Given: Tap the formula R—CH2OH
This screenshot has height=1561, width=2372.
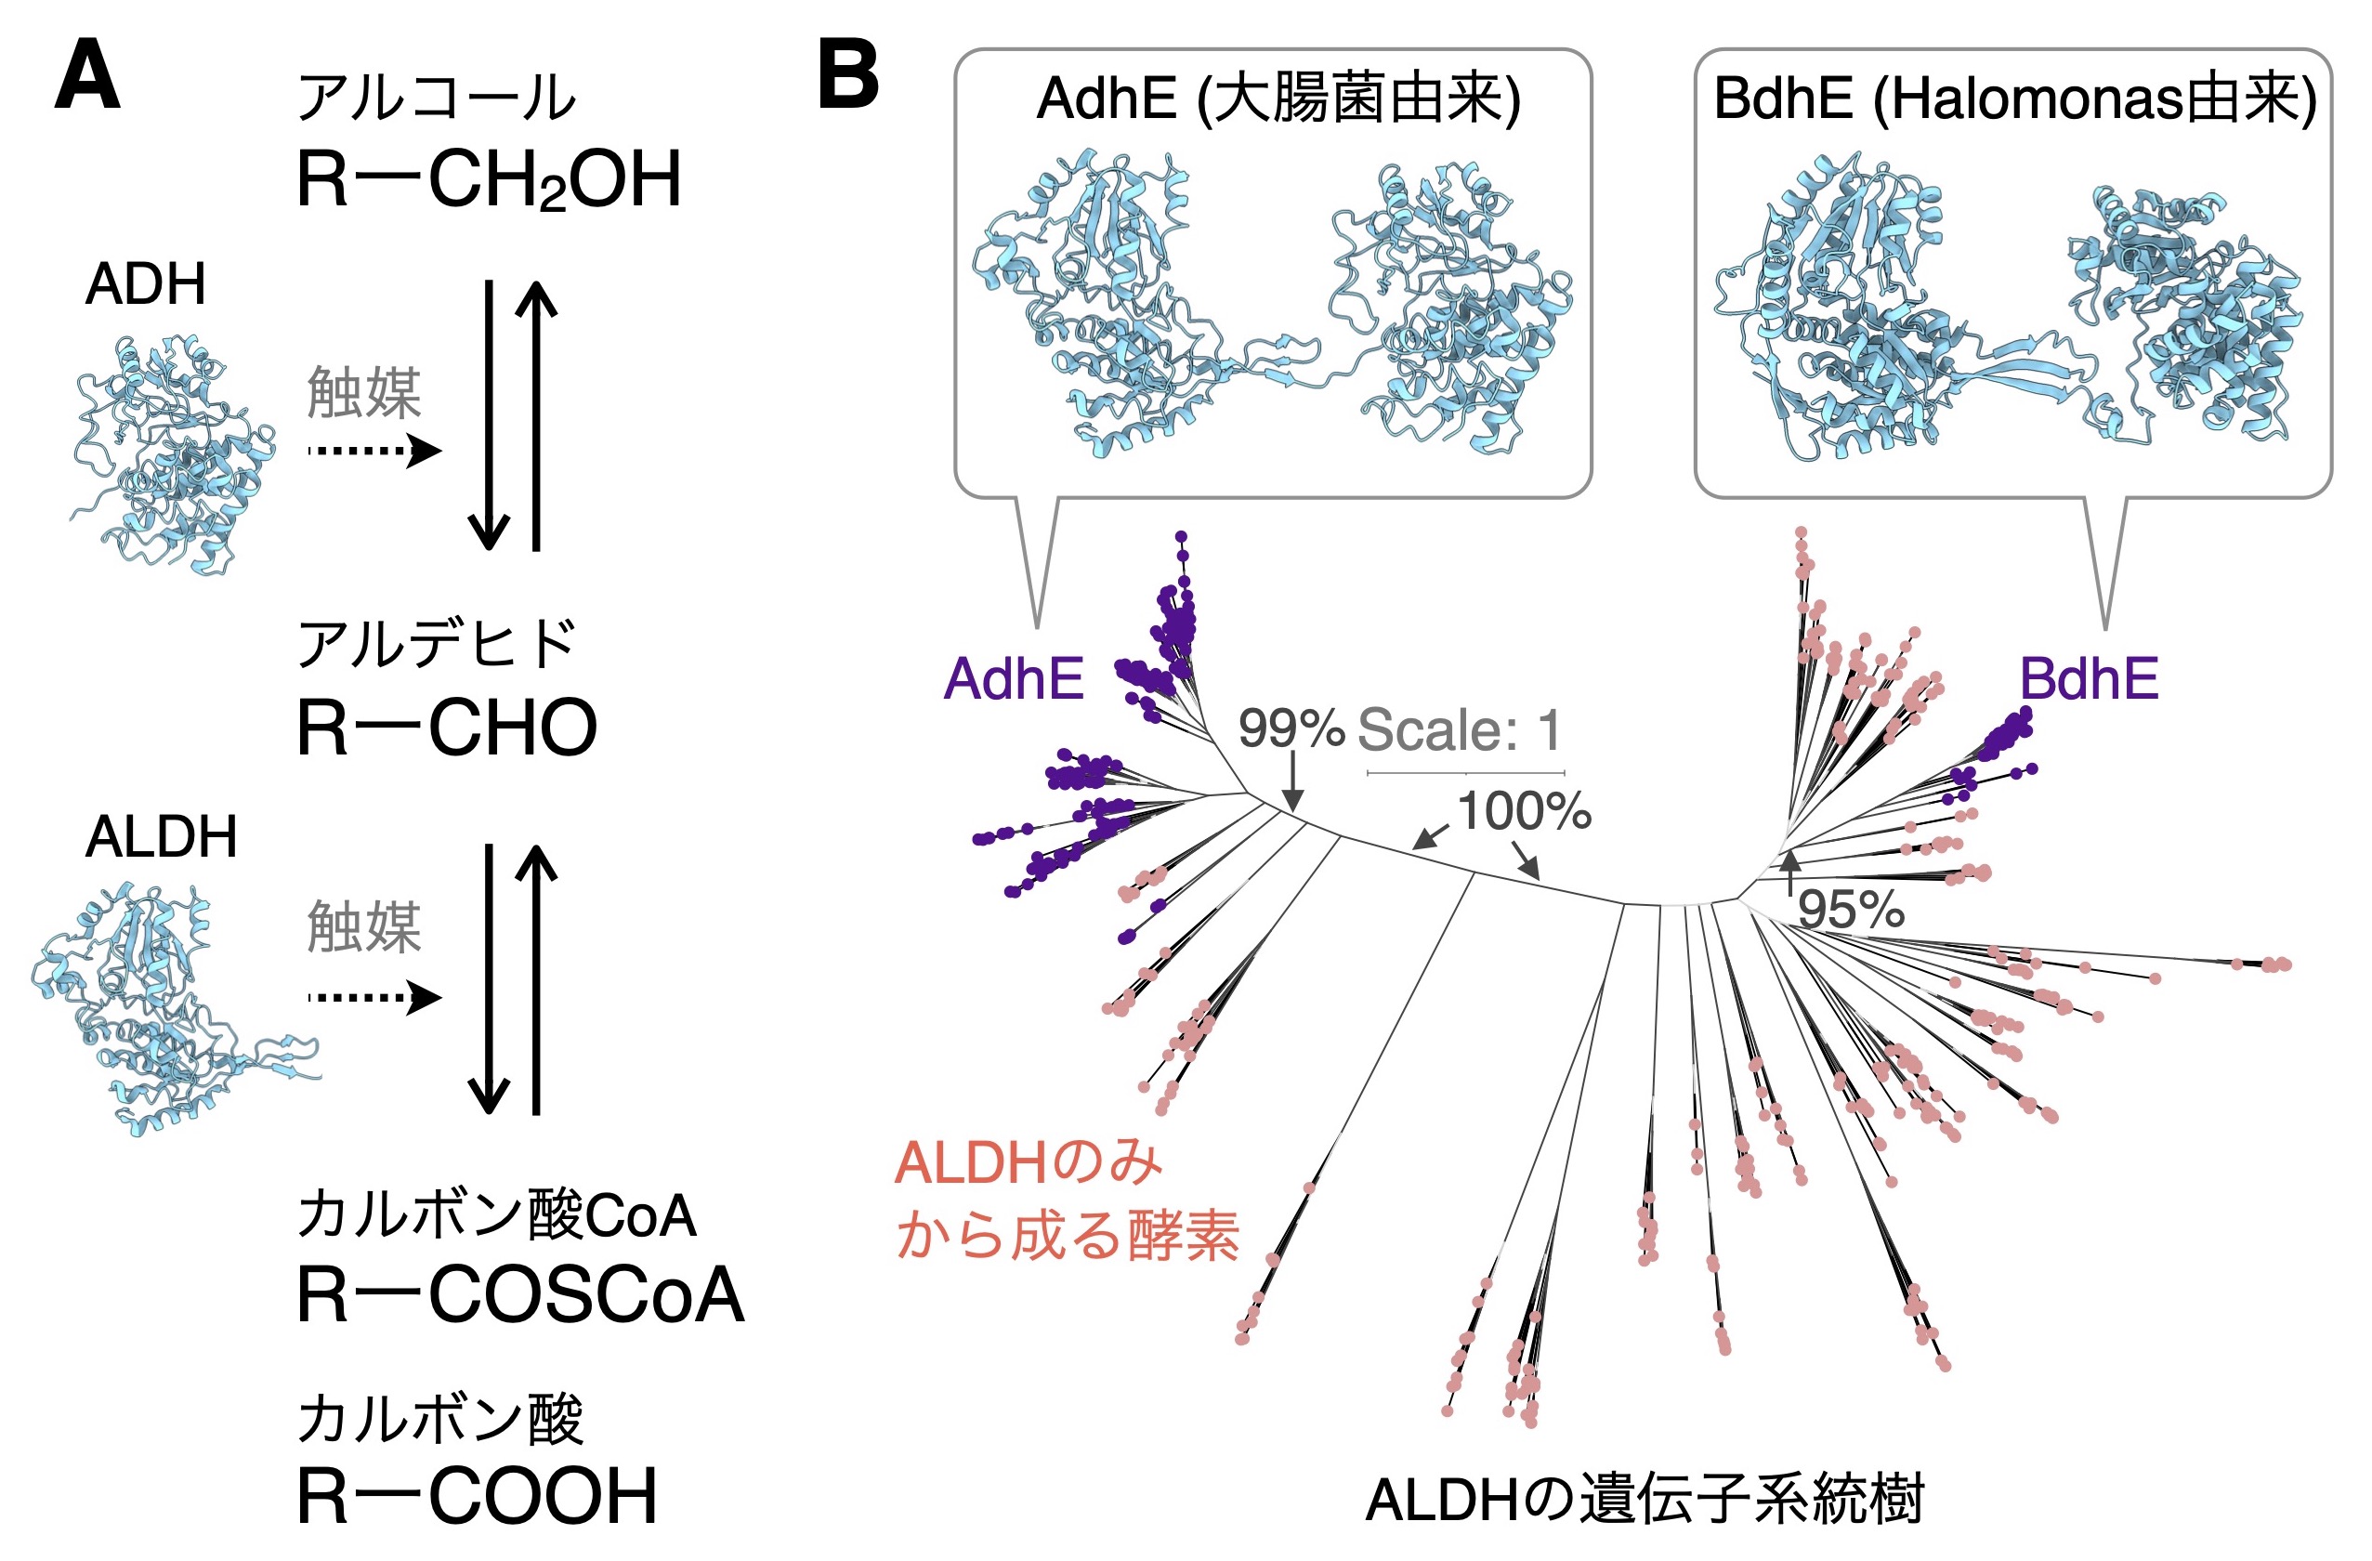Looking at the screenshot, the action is point(490,180).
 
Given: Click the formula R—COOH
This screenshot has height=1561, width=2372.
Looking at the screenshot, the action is point(478,1495).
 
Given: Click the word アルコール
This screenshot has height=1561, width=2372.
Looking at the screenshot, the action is point(437,98).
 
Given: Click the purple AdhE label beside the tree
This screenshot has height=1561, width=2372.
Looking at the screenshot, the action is point(1014,679).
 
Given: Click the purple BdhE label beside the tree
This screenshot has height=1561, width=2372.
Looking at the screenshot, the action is point(2089,679).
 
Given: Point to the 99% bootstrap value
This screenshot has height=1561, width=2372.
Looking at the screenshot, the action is point(1291,728).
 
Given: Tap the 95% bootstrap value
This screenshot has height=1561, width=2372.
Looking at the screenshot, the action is point(1851,909).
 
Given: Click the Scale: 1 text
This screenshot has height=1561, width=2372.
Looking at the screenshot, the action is point(1459,729).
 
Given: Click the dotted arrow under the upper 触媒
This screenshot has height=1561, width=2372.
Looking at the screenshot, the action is point(374,451).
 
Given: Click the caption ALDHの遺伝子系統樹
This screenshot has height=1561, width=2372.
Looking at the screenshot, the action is point(1644,1501).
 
